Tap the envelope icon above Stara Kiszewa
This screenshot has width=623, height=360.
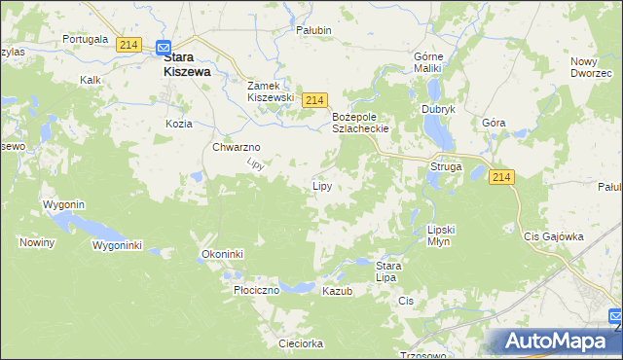click(164, 46)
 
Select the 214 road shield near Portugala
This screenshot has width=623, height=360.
click(128, 45)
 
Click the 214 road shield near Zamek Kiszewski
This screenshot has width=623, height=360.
click(312, 100)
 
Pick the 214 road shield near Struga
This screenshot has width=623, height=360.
click(501, 176)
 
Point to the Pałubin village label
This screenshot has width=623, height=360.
click(314, 30)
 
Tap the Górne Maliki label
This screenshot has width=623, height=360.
click(428, 62)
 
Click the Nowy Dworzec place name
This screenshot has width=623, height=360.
click(591, 67)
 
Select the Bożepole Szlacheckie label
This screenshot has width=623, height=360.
click(361, 123)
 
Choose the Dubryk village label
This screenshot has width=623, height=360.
click(438, 109)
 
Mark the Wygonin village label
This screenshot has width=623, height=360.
click(64, 204)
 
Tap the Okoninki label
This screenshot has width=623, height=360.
click(222, 254)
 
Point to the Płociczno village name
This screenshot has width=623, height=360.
click(257, 290)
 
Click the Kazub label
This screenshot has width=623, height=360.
click(337, 291)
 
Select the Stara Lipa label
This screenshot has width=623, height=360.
click(388, 271)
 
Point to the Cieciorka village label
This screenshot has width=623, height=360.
click(300, 343)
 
